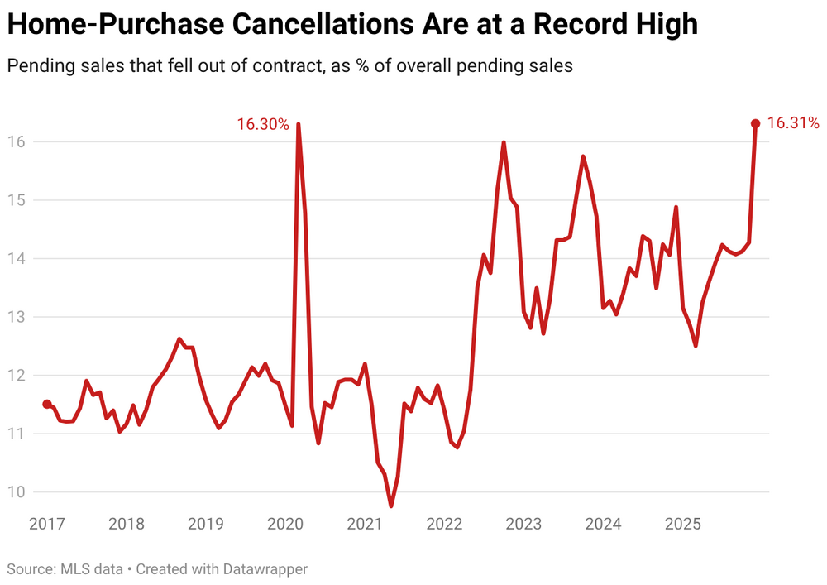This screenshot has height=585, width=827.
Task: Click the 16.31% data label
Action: tap(793, 123)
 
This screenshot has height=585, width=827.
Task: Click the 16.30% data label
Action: tap(263, 125)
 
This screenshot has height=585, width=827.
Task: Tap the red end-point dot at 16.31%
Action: tap(755, 123)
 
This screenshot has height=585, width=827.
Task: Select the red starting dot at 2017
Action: tap(47, 404)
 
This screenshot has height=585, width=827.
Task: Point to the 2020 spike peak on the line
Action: tap(298, 125)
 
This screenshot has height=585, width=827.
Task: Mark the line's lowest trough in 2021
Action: tap(391, 506)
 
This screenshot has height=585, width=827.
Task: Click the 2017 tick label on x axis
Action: tap(46, 524)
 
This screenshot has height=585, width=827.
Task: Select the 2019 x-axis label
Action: tap(206, 524)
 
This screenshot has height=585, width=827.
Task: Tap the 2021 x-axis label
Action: tap(365, 524)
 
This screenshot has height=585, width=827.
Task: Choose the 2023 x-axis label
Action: tap(523, 524)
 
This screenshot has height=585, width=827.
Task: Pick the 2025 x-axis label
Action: tap(683, 524)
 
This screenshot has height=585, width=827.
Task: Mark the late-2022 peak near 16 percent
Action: tap(504, 142)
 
